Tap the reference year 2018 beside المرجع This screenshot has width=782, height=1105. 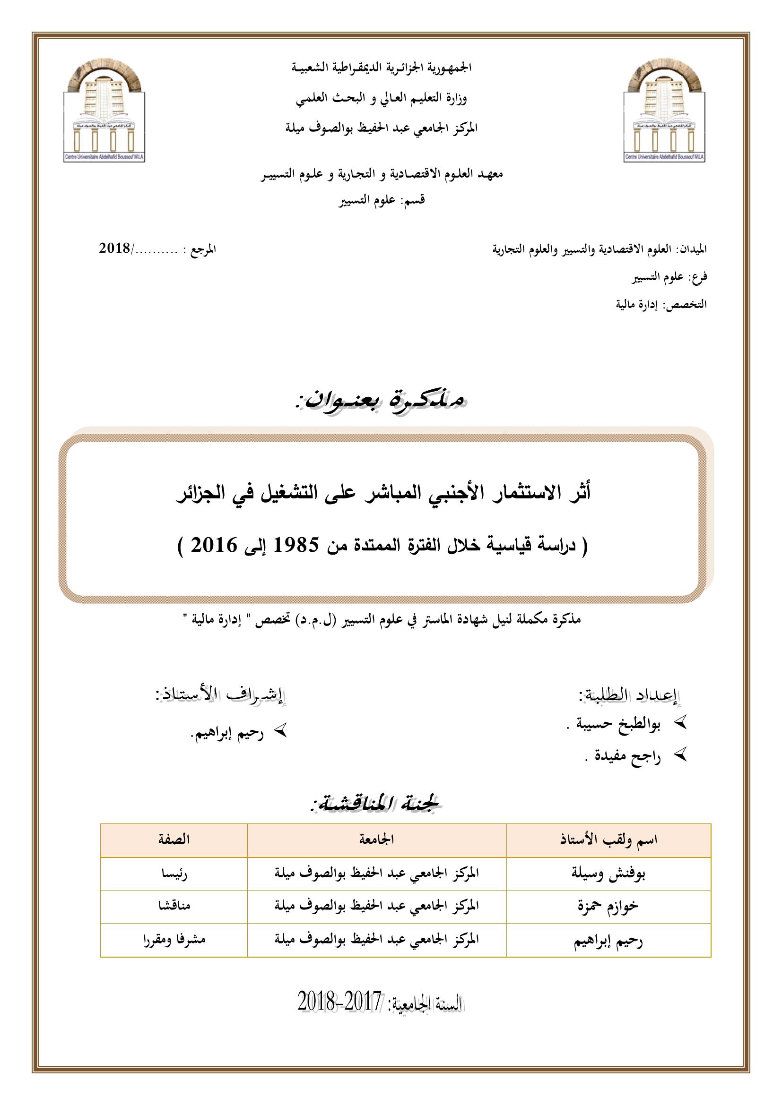tap(114, 249)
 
